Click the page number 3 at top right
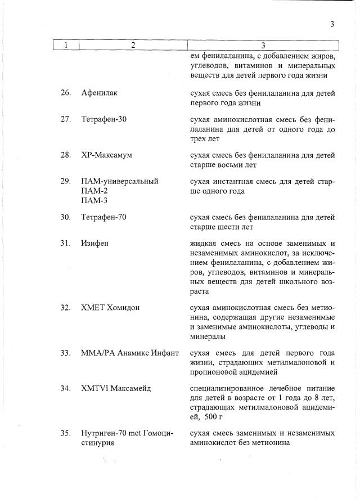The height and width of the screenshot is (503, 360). click(x=332, y=24)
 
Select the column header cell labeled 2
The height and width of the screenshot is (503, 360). click(x=133, y=45)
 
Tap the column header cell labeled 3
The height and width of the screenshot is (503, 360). click(x=263, y=45)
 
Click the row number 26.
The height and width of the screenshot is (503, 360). click(x=65, y=93)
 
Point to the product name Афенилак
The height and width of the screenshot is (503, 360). click(x=99, y=93)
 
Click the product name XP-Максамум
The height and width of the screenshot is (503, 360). click(x=106, y=155)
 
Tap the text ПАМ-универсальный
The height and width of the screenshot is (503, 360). click(x=120, y=181)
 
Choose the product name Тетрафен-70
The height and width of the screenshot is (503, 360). click(x=104, y=217)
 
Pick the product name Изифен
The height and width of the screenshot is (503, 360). click(x=94, y=243)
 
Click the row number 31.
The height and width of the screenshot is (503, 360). click(x=65, y=243)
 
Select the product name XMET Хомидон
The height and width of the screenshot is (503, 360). click(x=110, y=308)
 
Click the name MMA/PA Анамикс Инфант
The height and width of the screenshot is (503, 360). click(x=130, y=353)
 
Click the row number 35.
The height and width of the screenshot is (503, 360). click(x=65, y=433)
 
